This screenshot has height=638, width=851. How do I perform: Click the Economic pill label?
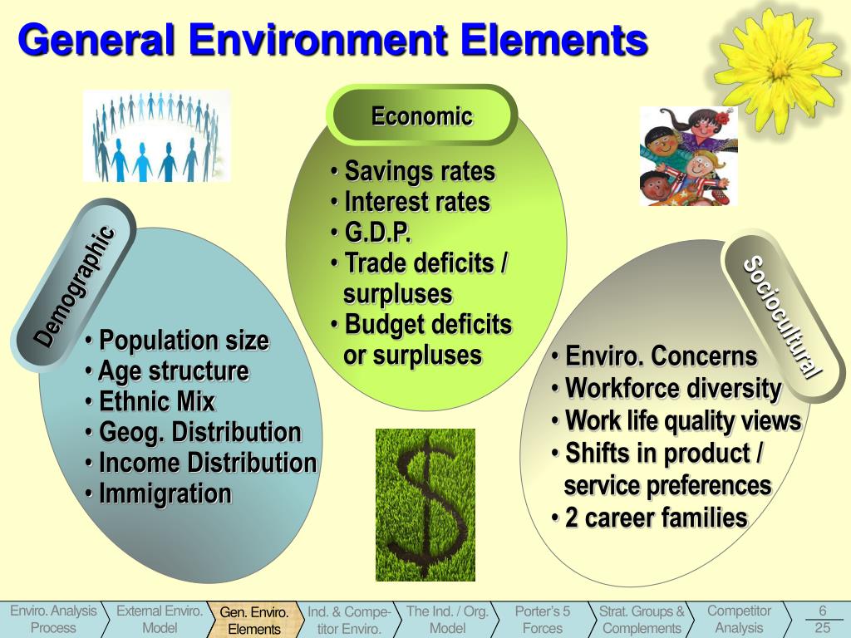click(x=421, y=116)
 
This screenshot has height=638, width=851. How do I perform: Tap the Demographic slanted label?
click(x=74, y=285)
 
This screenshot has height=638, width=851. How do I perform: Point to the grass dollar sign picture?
click(x=425, y=504)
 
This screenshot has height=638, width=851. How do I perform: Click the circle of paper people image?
click(x=155, y=136)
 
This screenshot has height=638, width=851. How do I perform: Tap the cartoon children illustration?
click(x=689, y=156)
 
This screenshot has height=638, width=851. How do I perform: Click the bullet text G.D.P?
click(x=377, y=233)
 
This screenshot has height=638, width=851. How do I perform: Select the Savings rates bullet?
click(x=419, y=172)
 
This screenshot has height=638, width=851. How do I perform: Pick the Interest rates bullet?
click(x=416, y=202)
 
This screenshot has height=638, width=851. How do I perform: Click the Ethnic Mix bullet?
click(x=156, y=402)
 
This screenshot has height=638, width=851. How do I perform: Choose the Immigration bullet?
click(x=165, y=493)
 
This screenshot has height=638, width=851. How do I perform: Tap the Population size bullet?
click(x=183, y=341)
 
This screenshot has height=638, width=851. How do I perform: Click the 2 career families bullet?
click(x=656, y=518)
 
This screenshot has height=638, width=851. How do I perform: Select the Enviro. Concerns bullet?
click(x=661, y=356)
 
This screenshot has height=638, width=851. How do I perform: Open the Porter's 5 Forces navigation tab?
click(x=542, y=620)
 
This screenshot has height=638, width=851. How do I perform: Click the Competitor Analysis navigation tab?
click(x=739, y=620)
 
